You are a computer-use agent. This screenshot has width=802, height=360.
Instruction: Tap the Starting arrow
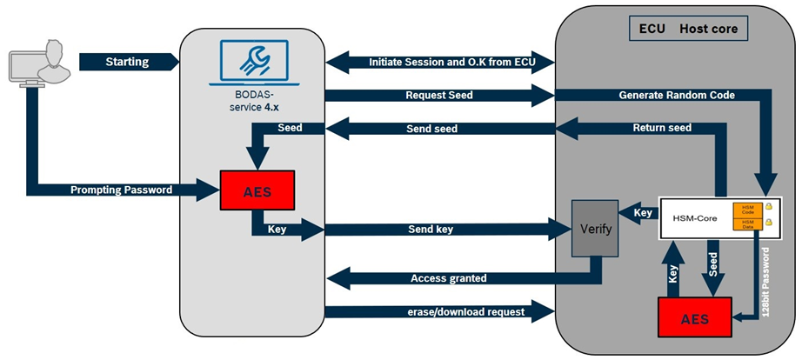pyautogui.click(x=127, y=62)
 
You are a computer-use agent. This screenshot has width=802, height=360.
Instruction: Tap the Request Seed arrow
pyautogui.click(x=438, y=95)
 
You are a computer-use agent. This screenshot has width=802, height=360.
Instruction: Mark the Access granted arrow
pyautogui.click(x=447, y=278)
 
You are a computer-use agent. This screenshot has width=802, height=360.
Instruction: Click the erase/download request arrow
pyautogui.click(x=438, y=310)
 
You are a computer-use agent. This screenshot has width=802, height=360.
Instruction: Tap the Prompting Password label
pyautogui.click(x=121, y=188)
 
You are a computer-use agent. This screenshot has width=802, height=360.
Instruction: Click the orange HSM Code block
pyautogui.click(x=747, y=210)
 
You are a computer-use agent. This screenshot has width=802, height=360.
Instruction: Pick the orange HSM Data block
pyautogui.click(x=747, y=224)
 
